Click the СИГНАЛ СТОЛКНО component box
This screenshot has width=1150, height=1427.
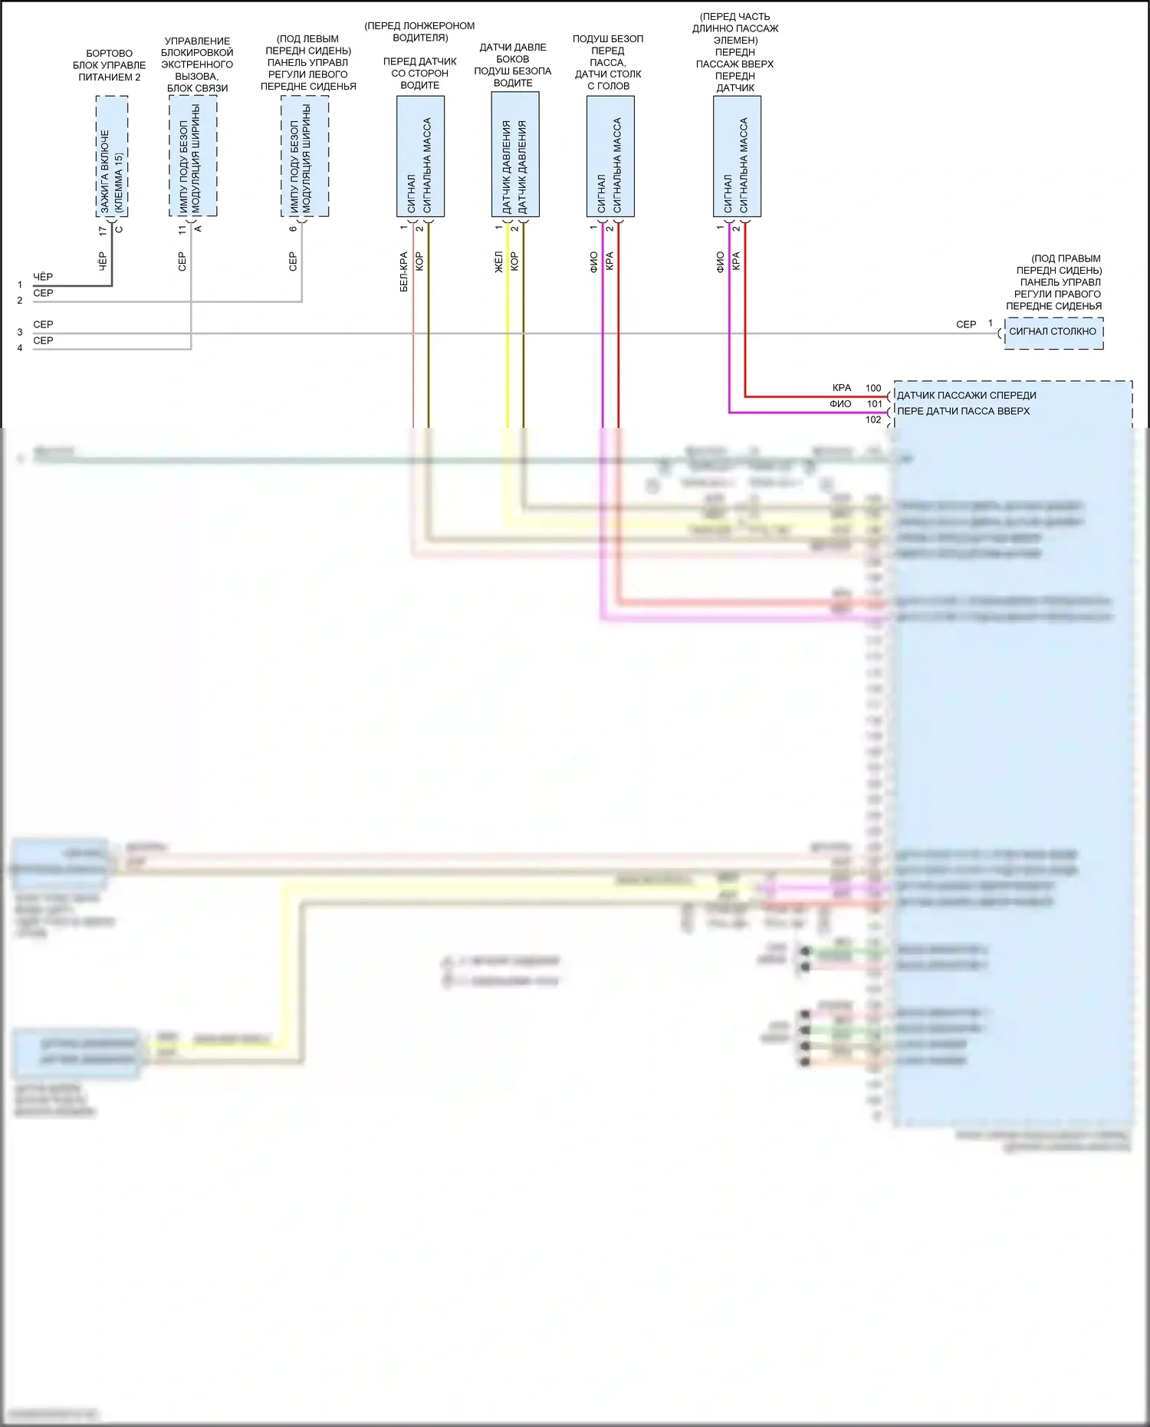(1053, 333)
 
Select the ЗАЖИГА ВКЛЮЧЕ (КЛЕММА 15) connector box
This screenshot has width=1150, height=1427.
(112, 156)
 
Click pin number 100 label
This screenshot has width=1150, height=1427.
(873, 388)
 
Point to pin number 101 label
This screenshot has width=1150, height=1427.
(874, 404)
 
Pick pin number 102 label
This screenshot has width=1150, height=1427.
(873, 419)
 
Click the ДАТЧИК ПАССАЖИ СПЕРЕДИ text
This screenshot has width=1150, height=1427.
(966, 396)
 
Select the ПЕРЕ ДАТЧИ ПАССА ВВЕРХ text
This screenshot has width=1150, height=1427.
(963, 411)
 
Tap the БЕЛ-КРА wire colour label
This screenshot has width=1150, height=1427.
(404, 272)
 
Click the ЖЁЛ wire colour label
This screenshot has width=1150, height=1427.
(498, 262)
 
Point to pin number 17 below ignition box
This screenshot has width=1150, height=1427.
(103, 230)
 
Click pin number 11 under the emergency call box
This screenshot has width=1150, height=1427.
(182, 229)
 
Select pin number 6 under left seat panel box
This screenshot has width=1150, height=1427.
(293, 229)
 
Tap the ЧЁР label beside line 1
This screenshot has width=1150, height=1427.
(43, 277)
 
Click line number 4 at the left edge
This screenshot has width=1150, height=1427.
(20, 348)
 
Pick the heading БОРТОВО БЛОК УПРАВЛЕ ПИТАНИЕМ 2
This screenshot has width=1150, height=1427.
(109, 65)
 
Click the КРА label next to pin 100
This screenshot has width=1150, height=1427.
(842, 388)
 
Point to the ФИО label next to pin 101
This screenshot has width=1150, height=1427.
(840, 404)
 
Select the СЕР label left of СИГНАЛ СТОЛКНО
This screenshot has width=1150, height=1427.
(966, 325)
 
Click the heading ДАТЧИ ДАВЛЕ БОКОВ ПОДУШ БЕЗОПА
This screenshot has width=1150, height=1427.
(513, 65)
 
